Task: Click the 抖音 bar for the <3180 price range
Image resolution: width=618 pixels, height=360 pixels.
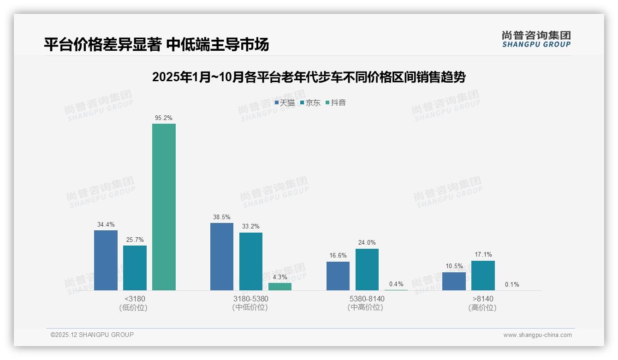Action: (x=164, y=207)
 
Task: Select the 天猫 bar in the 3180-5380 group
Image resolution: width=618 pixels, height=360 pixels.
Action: (x=222, y=257)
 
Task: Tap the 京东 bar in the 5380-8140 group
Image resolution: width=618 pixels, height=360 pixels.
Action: (x=367, y=270)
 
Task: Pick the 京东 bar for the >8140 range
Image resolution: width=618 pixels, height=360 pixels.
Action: (x=483, y=276)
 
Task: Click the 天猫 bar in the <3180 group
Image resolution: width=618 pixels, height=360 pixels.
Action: (x=106, y=260)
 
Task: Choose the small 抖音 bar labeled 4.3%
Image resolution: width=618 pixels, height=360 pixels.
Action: (x=280, y=287)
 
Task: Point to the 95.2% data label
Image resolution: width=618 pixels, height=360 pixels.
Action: (x=164, y=118)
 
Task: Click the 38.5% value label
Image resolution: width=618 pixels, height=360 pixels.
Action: (x=222, y=217)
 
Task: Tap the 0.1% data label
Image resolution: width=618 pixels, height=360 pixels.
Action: (x=512, y=285)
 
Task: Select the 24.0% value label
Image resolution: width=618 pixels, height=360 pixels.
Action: (x=367, y=243)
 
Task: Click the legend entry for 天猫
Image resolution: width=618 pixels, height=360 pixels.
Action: (x=285, y=103)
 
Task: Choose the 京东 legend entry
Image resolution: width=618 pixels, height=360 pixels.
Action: (x=310, y=103)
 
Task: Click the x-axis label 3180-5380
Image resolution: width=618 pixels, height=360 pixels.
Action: (x=250, y=299)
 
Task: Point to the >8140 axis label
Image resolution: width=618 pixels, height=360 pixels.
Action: (x=482, y=299)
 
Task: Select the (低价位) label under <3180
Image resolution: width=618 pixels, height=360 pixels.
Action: (x=134, y=308)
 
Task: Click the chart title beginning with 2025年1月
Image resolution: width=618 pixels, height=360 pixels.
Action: (x=309, y=77)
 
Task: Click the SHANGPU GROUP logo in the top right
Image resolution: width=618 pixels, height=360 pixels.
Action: (x=536, y=39)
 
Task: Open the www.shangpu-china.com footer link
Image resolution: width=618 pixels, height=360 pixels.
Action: (x=537, y=335)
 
